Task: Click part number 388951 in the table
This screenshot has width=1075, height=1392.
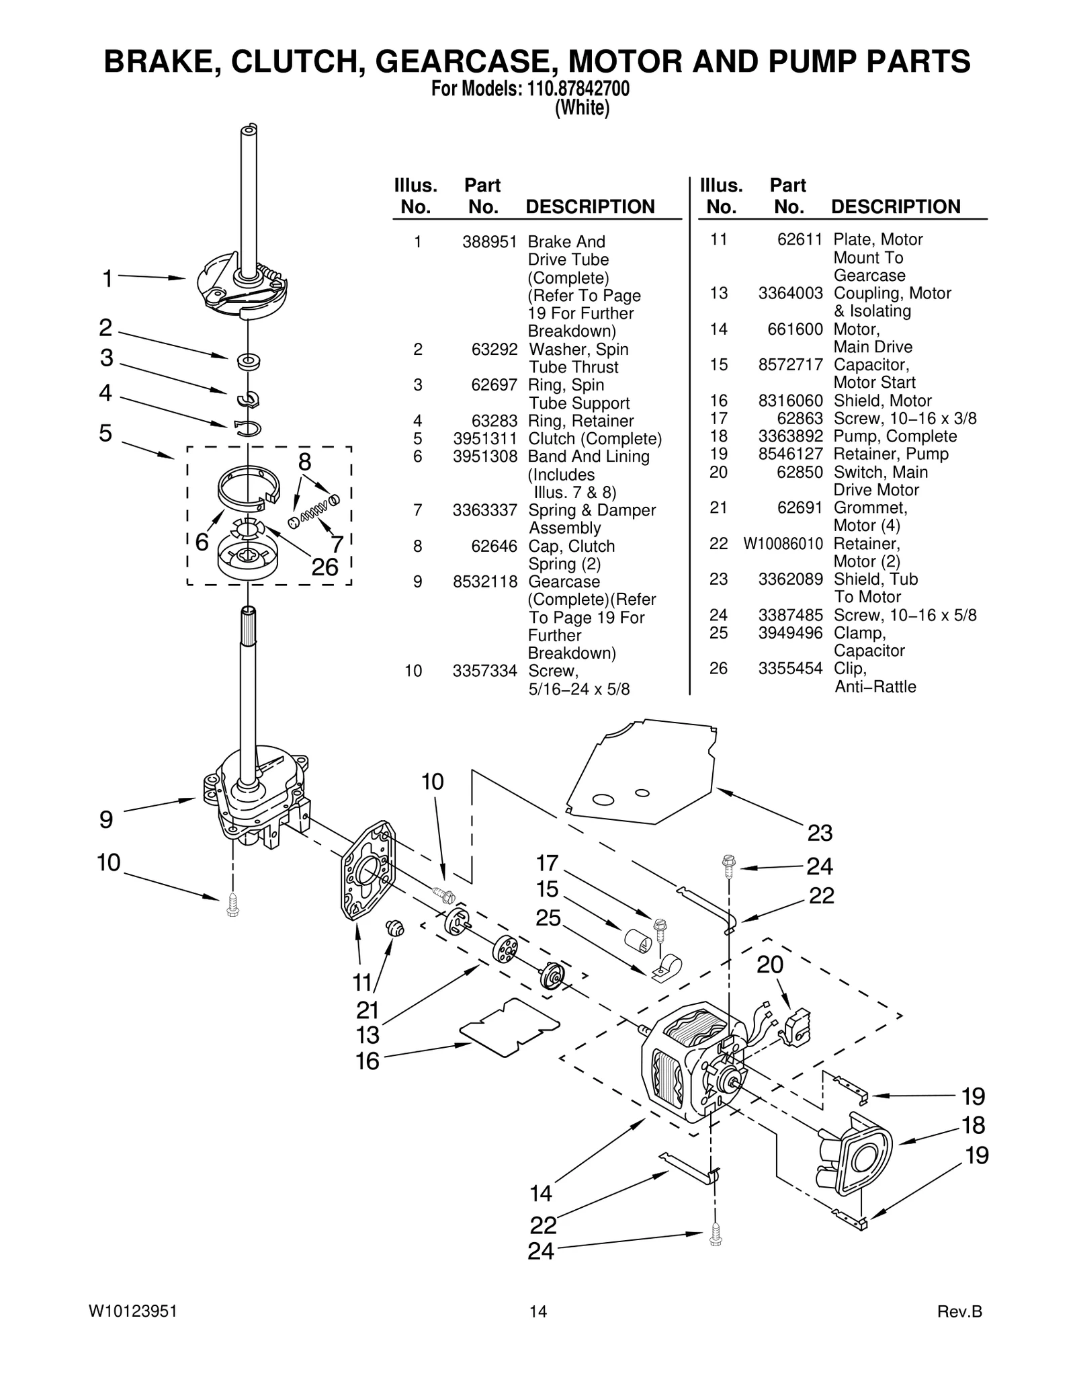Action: point(490,242)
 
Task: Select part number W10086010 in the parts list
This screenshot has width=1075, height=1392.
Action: point(783,544)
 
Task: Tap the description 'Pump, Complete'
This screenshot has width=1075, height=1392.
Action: point(895,436)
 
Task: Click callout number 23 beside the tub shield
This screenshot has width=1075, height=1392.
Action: point(820,833)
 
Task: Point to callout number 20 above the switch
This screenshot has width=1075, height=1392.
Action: point(770,965)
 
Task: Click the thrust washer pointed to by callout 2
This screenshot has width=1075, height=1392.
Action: point(249,361)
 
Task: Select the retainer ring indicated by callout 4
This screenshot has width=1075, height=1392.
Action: point(248,427)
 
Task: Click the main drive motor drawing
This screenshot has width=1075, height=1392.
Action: point(692,1069)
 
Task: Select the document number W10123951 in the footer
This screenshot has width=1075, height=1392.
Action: point(133,1311)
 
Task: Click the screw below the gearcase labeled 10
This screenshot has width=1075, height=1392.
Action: point(233,904)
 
